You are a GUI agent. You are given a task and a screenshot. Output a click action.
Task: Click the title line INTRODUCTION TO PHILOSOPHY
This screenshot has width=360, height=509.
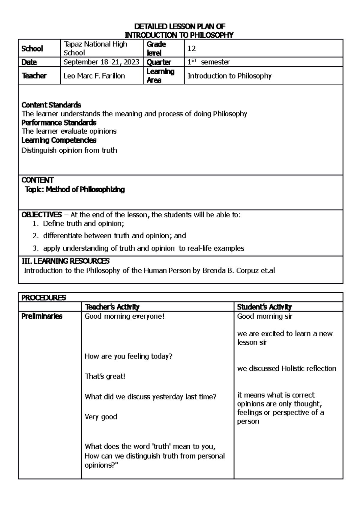tap(179, 35)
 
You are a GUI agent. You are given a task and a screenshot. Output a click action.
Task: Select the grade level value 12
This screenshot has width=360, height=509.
tap(192, 49)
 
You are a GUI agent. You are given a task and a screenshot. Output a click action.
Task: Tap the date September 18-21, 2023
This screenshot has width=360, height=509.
tap(101, 62)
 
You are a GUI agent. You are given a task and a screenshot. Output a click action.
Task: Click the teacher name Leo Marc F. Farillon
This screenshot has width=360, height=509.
tap(94, 76)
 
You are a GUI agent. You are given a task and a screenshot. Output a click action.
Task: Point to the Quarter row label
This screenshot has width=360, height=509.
tap(158, 62)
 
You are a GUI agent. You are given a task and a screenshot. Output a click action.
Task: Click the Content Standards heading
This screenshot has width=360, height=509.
tap(51, 105)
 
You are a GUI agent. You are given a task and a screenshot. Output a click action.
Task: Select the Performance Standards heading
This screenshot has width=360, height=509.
tap(59, 123)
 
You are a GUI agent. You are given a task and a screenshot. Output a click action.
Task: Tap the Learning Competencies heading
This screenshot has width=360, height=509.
tap(59, 140)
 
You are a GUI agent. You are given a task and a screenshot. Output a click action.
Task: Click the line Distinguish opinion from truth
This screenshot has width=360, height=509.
tap(69, 150)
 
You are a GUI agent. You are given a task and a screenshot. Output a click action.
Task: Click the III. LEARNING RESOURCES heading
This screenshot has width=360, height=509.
tap(66, 261)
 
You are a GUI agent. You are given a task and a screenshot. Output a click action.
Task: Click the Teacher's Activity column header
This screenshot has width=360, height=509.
tap(112, 307)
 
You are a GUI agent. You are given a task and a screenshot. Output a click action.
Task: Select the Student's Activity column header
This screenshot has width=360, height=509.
tap(264, 307)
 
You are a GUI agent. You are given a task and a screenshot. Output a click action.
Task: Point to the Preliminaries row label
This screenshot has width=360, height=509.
tap(42, 316)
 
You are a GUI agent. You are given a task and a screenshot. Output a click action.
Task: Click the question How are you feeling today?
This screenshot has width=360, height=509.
tap(128, 356)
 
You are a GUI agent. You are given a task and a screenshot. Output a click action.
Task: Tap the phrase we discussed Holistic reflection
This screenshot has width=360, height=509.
tap(286, 368)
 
